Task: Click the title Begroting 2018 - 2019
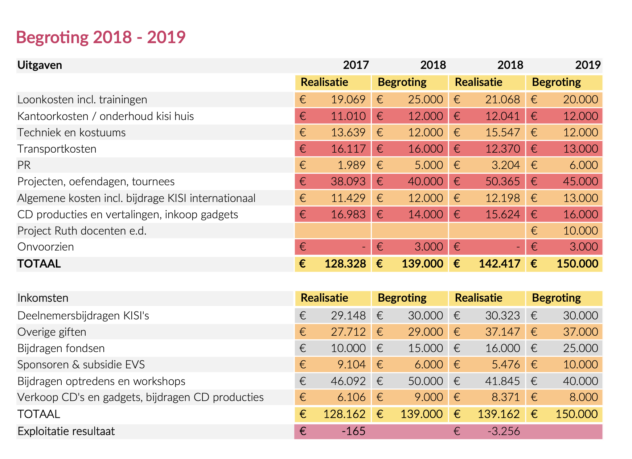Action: pyautogui.click(x=100, y=37)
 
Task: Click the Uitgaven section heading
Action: pyautogui.click(x=40, y=65)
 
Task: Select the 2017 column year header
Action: pyautogui.click(x=356, y=65)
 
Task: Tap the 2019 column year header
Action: pyautogui.click(x=588, y=65)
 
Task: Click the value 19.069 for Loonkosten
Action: pyautogui.click(x=348, y=100)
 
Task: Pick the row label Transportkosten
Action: pyautogui.click(x=57, y=149)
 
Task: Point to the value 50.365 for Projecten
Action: pyautogui.click(x=502, y=182)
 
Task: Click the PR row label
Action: pyautogui.click(x=24, y=165)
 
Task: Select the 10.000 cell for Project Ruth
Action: pyautogui.click(x=580, y=231)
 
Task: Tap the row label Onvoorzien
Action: pyautogui.click(x=46, y=247)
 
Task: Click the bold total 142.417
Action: pyautogui.click(x=500, y=264)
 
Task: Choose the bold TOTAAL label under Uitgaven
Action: pyautogui.click(x=39, y=264)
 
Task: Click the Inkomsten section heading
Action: pyautogui.click(x=43, y=298)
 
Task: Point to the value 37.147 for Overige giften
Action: pyautogui.click(x=502, y=332)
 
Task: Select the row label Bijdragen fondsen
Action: pyautogui.click(x=61, y=348)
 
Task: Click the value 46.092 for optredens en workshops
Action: pyautogui.click(x=348, y=381)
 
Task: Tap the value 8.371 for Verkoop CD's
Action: pyautogui.click(x=506, y=397)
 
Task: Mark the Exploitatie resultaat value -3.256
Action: pyautogui.click(x=504, y=431)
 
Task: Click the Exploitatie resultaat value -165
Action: pyautogui.click(x=353, y=431)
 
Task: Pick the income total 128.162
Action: pyautogui.click(x=345, y=414)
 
